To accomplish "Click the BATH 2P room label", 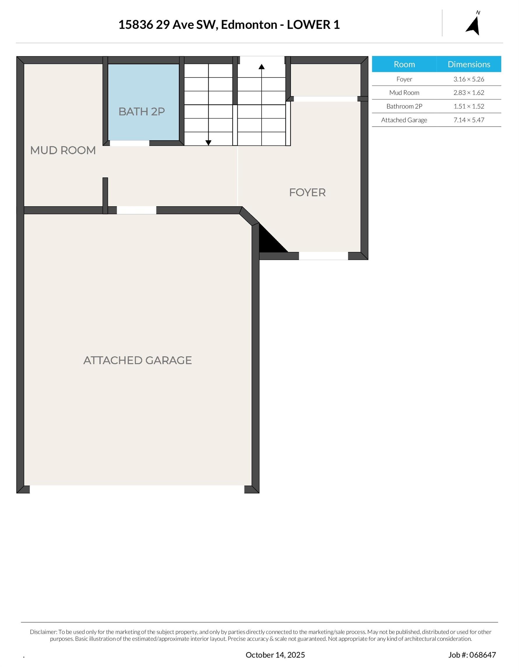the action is coord(141,111).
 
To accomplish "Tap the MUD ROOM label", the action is coord(63,150).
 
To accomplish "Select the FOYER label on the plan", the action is coord(307,192).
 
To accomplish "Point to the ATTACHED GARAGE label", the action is coord(138,360).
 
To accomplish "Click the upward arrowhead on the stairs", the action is coord(262,66).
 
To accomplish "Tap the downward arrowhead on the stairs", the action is coord(208,143).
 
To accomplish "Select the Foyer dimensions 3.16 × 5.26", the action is coord(469,79).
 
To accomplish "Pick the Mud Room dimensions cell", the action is coord(469,93).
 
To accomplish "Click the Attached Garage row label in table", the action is coord(404,120).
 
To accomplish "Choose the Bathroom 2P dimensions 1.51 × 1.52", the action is coord(469,106).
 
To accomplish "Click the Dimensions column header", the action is coord(469,64).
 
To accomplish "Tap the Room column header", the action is coord(404,64).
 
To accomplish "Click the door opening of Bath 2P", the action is coord(129,143).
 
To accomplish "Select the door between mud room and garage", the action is coord(136,210).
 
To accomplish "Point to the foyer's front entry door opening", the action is coord(323,256).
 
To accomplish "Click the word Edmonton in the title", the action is coord(249,24).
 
